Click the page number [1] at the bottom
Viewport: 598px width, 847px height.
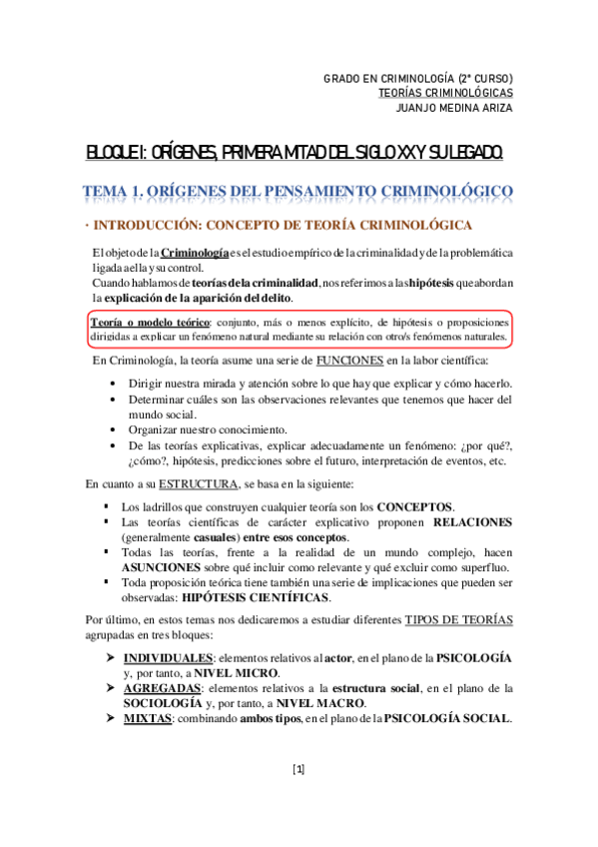299,769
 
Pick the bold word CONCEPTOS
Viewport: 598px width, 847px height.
413,506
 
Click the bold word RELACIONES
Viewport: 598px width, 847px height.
473,521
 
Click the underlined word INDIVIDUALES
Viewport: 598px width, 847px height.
168,658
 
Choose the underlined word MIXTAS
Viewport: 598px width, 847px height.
145,718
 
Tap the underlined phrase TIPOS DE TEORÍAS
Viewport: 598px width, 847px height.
458,620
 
